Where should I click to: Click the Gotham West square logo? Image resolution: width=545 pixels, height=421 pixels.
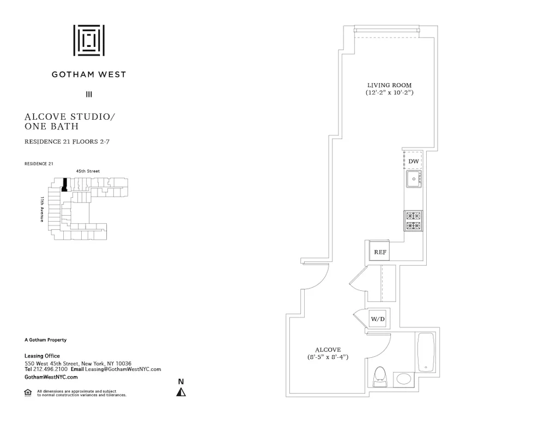tap(89, 40)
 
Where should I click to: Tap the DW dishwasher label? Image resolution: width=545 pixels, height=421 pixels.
tap(414, 162)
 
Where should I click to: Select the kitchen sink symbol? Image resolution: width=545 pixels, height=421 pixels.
tap(414, 179)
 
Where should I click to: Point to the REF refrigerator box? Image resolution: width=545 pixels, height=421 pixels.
tap(380, 252)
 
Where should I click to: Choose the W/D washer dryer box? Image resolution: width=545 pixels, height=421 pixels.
tap(377, 318)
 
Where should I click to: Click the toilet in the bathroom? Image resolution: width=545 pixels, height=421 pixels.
tap(379, 376)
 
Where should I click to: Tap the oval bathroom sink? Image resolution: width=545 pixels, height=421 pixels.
tap(404, 379)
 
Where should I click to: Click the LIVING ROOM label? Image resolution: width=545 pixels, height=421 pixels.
tap(389, 86)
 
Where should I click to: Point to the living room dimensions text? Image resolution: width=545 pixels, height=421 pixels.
tap(389, 93)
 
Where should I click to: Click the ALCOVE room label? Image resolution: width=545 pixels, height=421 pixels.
tap(328, 350)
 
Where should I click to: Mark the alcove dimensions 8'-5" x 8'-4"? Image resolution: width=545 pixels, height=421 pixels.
tap(328, 357)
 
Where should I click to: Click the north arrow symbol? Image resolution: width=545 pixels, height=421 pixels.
tap(181, 391)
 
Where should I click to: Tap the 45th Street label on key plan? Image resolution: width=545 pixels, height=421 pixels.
tap(88, 171)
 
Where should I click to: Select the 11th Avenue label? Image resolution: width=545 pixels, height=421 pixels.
tap(41, 209)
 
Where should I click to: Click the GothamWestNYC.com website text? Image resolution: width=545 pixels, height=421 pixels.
tap(51, 377)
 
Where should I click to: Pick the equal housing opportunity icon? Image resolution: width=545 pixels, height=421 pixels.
tap(28, 393)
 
